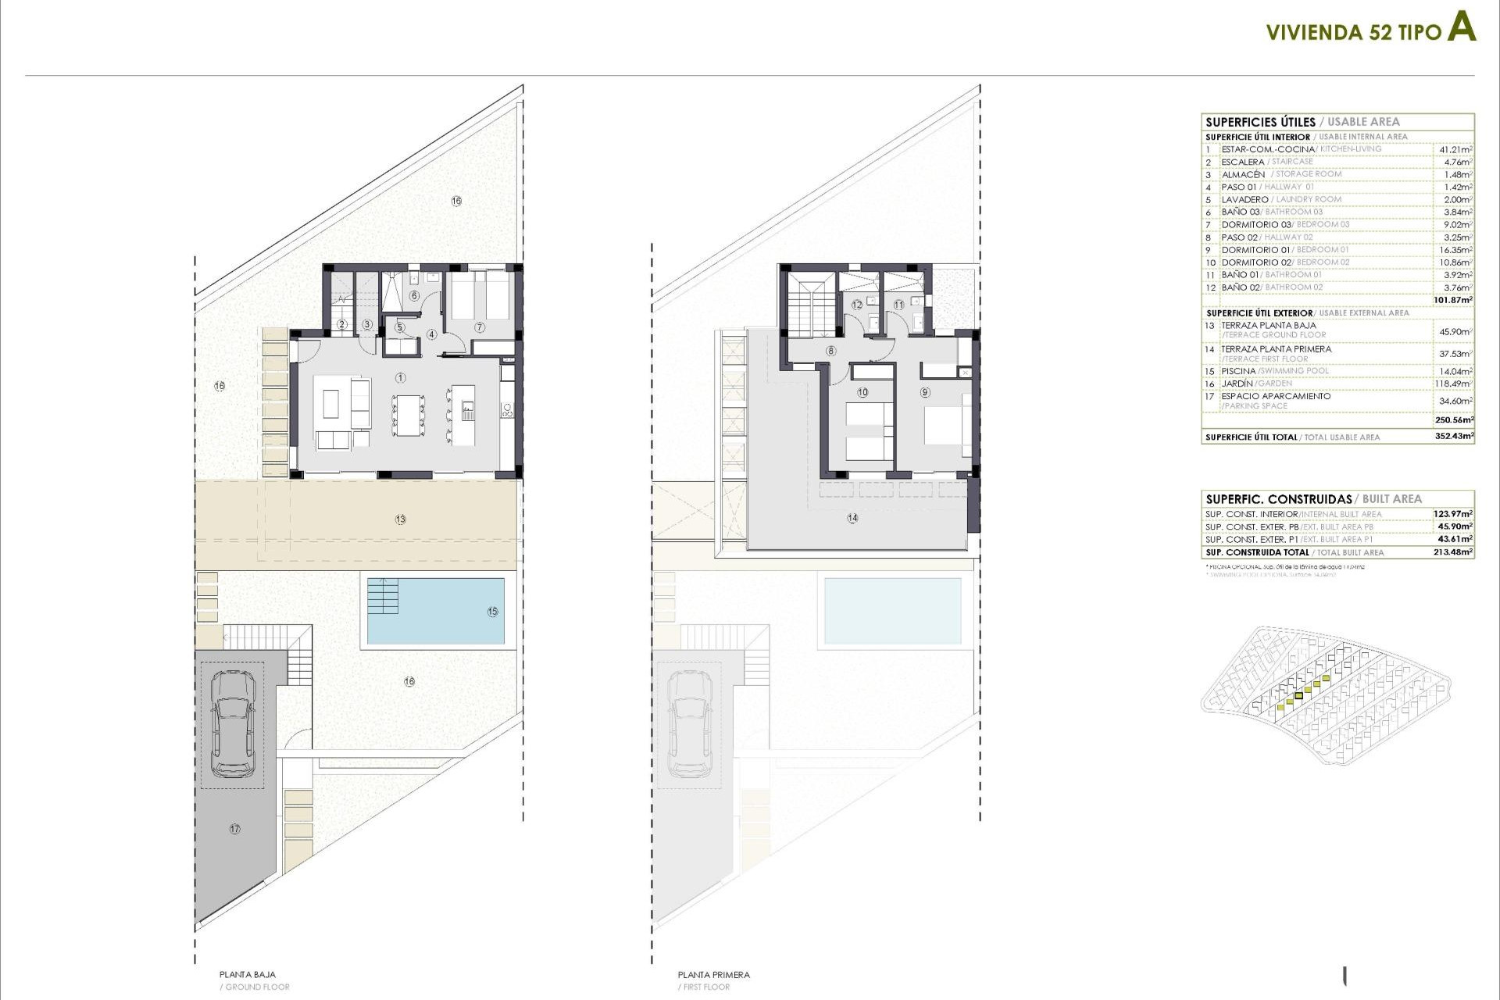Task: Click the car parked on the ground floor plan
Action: point(233,723)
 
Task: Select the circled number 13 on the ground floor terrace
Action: point(401,520)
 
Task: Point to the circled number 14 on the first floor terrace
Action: point(852,518)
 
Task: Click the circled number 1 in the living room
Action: point(401,378)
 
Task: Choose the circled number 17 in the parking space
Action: point(234,829)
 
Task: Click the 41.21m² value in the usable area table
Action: point(1455,149)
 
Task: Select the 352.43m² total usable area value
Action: point(1454,437)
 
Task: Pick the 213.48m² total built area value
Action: point(1454,552)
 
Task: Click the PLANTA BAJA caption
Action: point(247,975)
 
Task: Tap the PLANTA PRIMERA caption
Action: point(713,975)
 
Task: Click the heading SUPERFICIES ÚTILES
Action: point(1260,122)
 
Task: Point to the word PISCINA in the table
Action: point(1238,371)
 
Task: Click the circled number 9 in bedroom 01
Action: point(925,392)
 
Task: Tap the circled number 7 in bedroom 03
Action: point(480,327)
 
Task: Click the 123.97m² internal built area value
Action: point(1453,514)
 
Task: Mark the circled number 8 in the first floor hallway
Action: point(831,352)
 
